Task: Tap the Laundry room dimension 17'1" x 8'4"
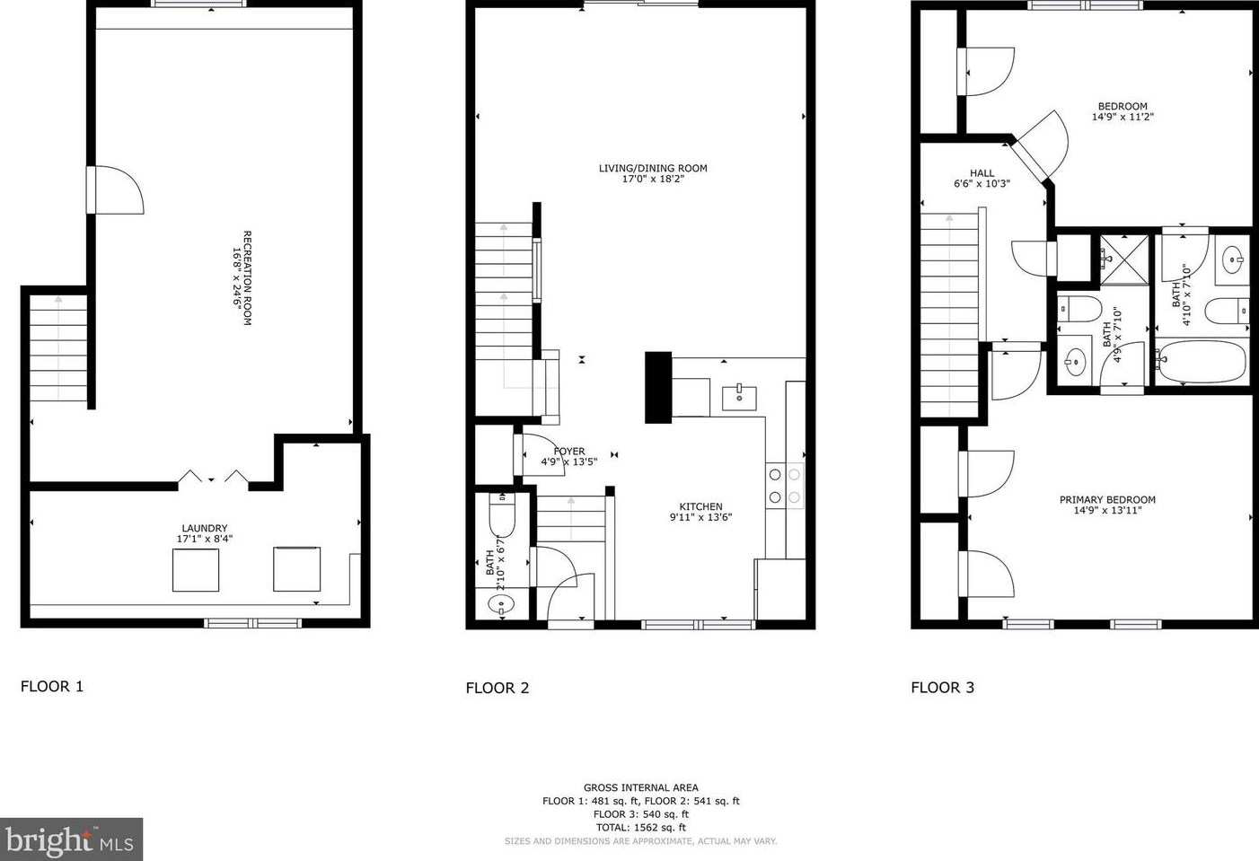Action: (205, 539)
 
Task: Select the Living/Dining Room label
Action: (653, 168)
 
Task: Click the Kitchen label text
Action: (700, 506)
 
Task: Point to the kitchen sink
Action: (739, 396)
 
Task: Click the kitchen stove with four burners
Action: (784, 486)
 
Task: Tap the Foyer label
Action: (569, 452)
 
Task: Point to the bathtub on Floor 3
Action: (1201, 363)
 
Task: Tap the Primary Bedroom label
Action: (1107, 500)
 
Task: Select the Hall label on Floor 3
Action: (982, 173)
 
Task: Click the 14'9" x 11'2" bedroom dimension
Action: (1123, 117)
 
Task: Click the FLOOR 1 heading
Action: (52, 687)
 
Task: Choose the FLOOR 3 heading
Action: (942, 688)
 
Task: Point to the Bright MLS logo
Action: (71, 840)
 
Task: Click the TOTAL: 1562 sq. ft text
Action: (640, 828)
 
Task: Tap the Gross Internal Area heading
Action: (640, 787)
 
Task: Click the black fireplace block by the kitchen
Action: (658, 387)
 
